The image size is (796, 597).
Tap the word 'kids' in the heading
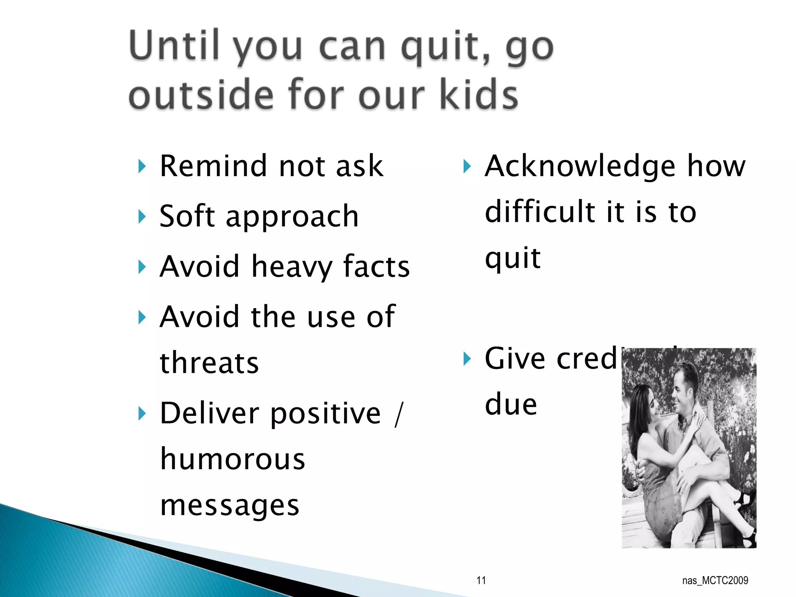pos(479,95)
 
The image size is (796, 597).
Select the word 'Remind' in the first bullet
pos(213,166)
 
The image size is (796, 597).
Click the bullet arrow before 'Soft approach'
pos(142,216)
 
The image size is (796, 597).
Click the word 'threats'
pos(209,363)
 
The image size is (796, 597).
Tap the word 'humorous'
pos(232,459)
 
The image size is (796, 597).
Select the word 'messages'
pos(230,506)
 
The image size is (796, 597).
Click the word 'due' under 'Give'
pos(511,405)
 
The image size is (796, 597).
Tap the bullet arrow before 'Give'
pos(467,359)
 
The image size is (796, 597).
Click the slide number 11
pos(481,581)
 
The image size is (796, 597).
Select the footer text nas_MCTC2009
pos(715,581)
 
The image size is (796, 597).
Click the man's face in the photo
pos(682,391)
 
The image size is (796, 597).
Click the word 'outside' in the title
pos(201,95)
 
